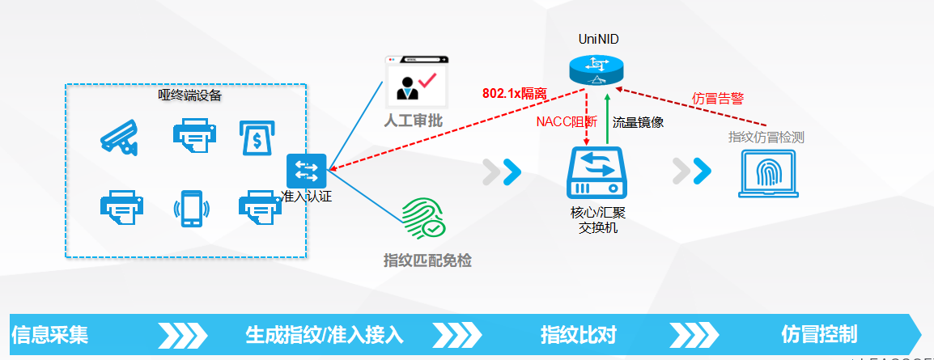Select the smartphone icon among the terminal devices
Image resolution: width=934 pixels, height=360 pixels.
(x=190, y=208)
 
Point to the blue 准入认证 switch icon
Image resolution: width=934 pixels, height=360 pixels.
(x=306, y=171)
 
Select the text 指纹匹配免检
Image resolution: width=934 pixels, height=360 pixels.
(x=427, y=260)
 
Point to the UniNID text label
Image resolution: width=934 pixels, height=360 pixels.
(x=598, y=39)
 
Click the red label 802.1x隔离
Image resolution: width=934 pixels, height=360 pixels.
(x=514, y=93)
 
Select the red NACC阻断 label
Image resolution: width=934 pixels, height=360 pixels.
(x=567, y=123)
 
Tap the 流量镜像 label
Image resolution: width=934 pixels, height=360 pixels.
(x=638, y=123)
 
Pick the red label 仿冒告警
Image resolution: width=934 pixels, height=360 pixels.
(x=718, y=99)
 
